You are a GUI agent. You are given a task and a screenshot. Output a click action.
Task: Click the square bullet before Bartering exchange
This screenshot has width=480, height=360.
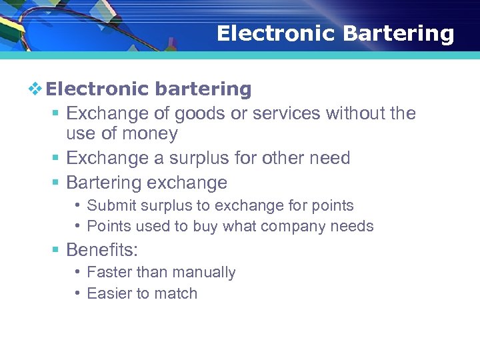pos(56,183)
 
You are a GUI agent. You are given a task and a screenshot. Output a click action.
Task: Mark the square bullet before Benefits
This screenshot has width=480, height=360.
pos(56,251)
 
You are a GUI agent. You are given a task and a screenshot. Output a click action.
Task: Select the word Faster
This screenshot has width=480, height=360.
pos(109,273)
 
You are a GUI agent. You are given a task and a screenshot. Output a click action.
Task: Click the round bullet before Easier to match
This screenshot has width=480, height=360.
pos(78,293)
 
